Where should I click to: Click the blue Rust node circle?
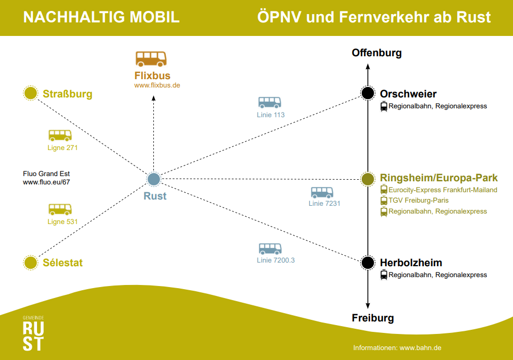pos(153,179)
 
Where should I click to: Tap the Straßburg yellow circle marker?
pos(31,93)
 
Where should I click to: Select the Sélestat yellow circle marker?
pos(31,263)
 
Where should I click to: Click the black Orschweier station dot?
pos(368,93)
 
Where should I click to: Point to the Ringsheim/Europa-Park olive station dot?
pos(368,179)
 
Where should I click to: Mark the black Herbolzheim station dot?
pos(368,263)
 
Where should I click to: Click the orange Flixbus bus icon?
pos(151,58)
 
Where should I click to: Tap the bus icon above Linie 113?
pos(270,103)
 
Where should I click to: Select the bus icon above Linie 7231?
pos(322,192)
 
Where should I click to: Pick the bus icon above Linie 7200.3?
pos(270,249)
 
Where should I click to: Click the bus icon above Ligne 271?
pos(60,135)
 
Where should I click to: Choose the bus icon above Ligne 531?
pos(60,209)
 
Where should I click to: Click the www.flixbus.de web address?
pos(157,85)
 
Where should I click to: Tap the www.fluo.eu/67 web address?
pos(46,182)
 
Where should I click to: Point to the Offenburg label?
pos(376,53)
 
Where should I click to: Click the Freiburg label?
pos(373,318)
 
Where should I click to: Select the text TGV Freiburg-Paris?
pos(418,200)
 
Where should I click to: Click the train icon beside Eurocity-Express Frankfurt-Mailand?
pos(384,190)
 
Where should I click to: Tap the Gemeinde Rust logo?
pos(33,333)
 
